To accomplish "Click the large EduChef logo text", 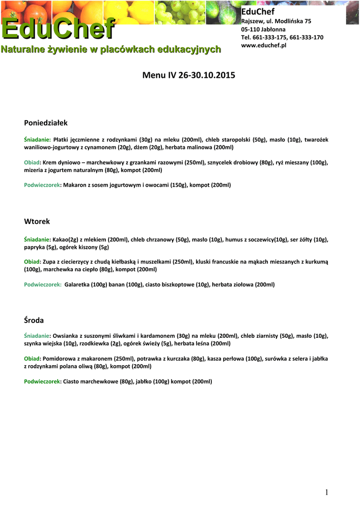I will coord(57,29).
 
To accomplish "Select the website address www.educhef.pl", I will coord(264,46).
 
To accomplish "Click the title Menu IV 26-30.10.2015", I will coord(189,76).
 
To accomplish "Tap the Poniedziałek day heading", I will coord(46,123).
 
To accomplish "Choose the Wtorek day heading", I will coord(37,222).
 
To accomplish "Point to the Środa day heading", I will coord(34,321).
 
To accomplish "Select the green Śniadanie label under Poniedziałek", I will coord(37,139).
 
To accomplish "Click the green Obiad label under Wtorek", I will coord(32,262).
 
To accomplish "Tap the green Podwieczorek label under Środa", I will coord(42,382).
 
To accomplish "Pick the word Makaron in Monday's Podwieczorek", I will coord(75,185).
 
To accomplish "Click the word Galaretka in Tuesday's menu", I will coord(77,285).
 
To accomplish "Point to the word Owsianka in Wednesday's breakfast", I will coord(66,336).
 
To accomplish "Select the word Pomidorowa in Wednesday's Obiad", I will coord(59,359).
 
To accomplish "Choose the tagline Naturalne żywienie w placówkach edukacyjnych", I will coord(110,50).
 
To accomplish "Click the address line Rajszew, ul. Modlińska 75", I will coord(276,21).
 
